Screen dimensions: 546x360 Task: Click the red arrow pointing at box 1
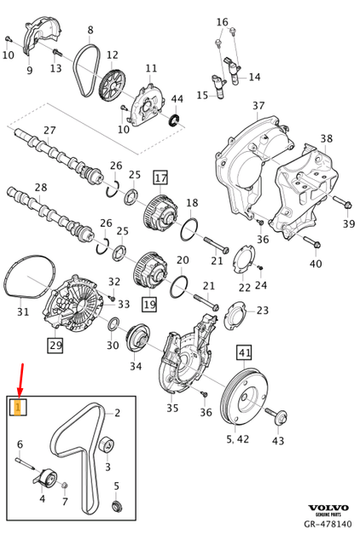20,379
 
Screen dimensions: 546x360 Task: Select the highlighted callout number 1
18,409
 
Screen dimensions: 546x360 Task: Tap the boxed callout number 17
160,177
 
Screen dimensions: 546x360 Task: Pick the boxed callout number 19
149,304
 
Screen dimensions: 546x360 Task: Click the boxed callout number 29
55,346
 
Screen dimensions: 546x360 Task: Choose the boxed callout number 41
245,352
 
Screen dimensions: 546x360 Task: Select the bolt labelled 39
342,204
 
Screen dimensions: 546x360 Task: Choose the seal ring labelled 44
177,119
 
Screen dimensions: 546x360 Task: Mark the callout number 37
259,107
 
